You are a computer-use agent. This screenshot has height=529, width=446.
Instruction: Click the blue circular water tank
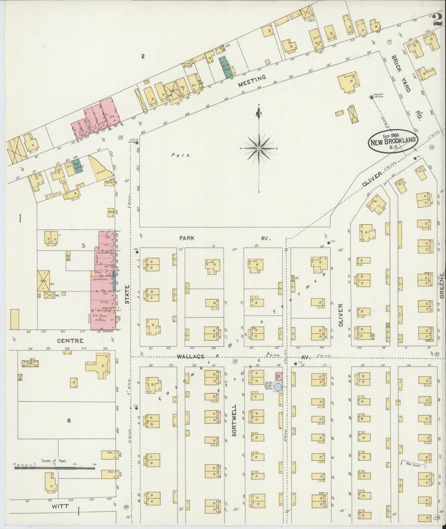278,387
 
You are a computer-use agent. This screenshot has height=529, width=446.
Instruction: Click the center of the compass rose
259,149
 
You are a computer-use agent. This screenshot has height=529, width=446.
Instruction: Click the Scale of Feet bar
55,468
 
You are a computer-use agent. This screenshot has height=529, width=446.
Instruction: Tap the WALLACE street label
190,356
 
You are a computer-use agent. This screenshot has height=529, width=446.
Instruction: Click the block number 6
69,420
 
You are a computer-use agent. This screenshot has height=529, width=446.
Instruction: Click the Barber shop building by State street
109,182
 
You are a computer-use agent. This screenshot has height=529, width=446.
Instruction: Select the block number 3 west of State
83,246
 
